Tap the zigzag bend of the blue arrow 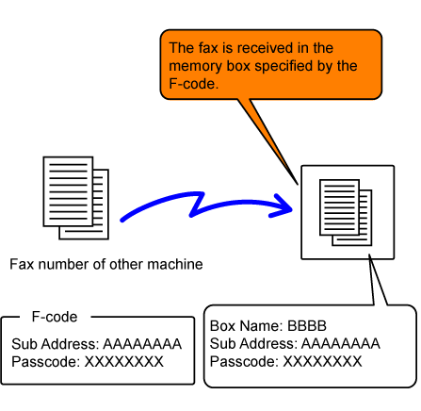197,205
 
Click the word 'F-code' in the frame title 55,317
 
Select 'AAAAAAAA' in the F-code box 143,344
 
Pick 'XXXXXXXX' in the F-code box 124,362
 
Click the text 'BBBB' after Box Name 307,326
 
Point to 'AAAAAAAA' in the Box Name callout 341,343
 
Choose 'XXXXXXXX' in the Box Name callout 322,361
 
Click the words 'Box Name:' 247,326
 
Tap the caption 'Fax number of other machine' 106,264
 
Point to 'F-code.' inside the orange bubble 193,84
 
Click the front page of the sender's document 68,191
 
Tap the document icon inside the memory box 346,212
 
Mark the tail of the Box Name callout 370,255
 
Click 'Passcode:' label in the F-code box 46,362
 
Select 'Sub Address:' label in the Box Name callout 254,343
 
